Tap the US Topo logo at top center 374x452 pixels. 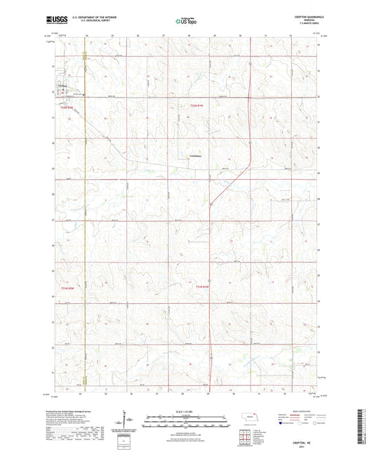185,21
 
